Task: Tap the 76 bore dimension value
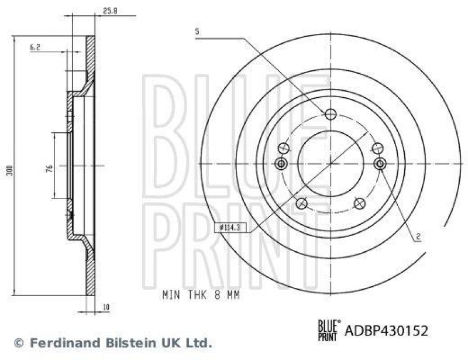(50, 168)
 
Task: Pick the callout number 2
(419, 237)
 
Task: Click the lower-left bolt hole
(301, 203)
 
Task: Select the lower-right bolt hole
(360, 203)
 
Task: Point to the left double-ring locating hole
(281, 163)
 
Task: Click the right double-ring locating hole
(380, 163)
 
